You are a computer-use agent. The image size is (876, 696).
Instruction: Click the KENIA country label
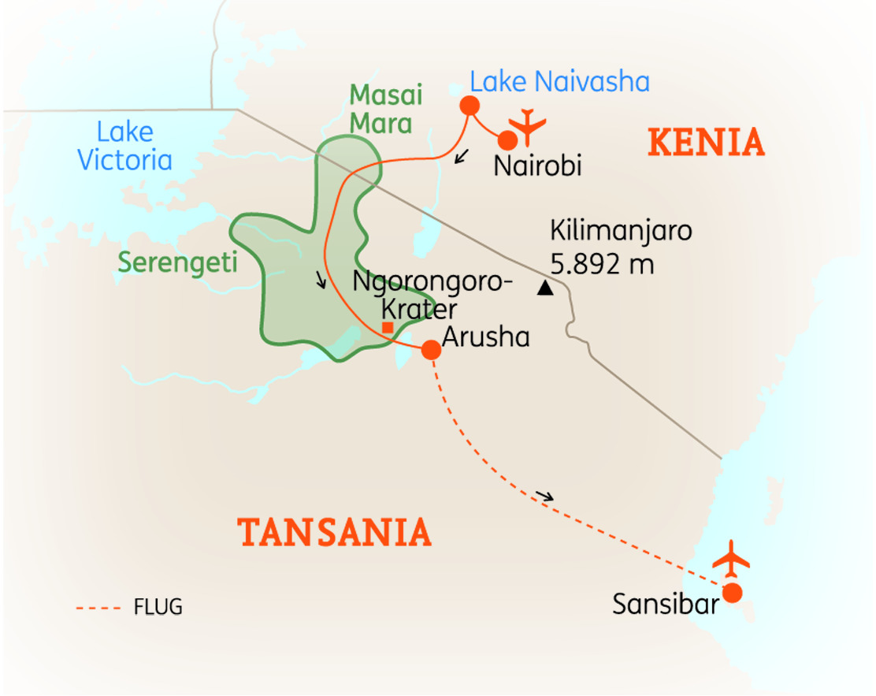click(x=706, y=143)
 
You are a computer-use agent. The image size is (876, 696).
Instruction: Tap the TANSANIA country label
click(x=336, y=533)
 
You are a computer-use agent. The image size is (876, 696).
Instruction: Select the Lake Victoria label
click(x=124, y=146)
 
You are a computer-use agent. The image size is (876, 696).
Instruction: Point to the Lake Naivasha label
click(x=559, y=81)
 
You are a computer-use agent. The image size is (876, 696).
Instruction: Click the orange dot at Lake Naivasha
click(x=470, y=105)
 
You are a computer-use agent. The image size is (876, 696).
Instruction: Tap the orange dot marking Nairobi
click(x=508, y=140)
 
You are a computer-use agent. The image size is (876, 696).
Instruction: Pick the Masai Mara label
click(x=386, y=109)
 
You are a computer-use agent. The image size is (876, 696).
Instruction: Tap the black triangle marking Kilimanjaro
click(x=544, y=288)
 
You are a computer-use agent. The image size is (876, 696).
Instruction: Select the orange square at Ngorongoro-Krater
click(x=387, y=327)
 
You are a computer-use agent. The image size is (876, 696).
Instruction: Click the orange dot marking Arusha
click(x=431, y=350)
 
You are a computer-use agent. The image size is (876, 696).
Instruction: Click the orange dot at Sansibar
click(x=733, y=593)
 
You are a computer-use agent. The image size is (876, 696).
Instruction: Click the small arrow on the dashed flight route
click(x=544, y=496)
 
